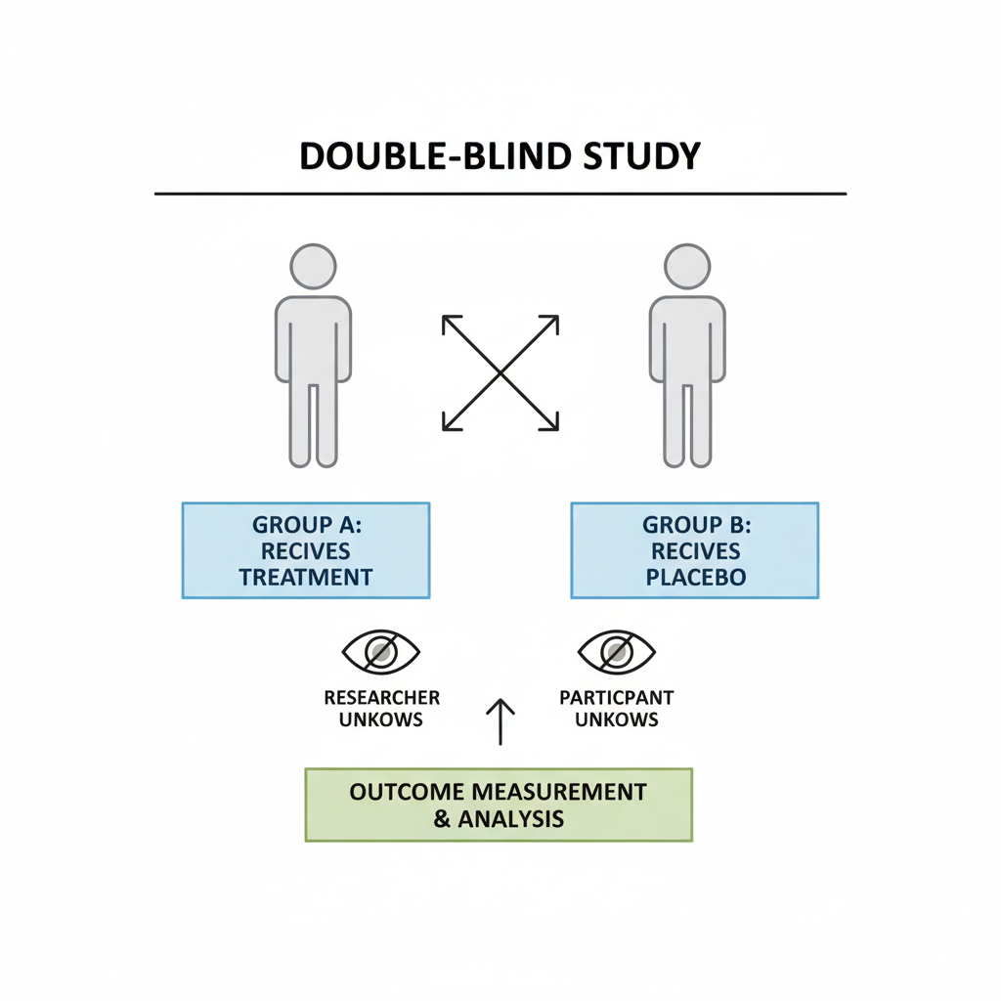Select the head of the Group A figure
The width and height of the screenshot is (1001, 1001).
(313, 266)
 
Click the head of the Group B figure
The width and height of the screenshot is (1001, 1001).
(687, 266)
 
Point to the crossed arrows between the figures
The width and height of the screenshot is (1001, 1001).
(500, 372)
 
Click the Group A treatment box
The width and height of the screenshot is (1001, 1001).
(306, 549)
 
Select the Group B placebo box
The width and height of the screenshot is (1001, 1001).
(694, 549)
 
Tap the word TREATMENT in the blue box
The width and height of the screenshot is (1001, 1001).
(306, 577)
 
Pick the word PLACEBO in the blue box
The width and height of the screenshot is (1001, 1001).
(695, 577)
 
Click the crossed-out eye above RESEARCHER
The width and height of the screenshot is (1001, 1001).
(380, 651)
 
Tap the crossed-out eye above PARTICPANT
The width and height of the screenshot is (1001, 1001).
(617, 651)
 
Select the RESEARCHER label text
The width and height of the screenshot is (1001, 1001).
(381, 698)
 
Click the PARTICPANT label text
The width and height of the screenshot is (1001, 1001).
(617, 698)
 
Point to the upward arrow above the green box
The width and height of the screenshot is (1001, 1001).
(500, 721)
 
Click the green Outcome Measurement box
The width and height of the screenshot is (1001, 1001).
(499, 804)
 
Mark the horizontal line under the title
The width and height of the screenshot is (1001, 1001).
(500, 194)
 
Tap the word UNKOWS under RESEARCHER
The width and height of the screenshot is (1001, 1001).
(381, 719)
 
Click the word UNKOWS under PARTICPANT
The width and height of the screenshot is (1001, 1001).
(617, 719)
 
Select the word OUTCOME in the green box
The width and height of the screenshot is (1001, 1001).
(396, 791)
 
